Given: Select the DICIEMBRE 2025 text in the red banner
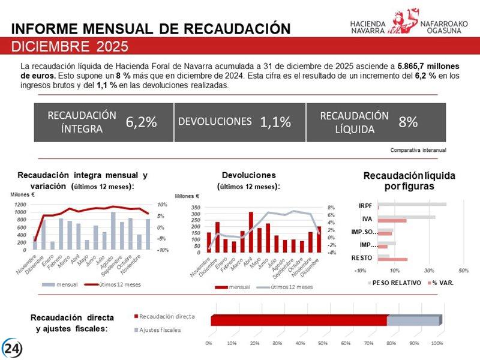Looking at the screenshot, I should click(70, 46).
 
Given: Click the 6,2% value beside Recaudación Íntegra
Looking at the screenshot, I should click(141, 122).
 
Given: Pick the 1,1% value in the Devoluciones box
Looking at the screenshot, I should click(275, 122).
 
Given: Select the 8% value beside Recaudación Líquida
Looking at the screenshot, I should click(408, 122).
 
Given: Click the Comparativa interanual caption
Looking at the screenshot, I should click(418, 149).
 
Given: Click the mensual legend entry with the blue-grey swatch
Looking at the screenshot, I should click(61, 284).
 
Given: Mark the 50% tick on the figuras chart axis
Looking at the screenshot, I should click(463, 269).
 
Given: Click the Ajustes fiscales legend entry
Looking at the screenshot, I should click(158, 330).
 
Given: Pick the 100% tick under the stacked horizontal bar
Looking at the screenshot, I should click(437, 343).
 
